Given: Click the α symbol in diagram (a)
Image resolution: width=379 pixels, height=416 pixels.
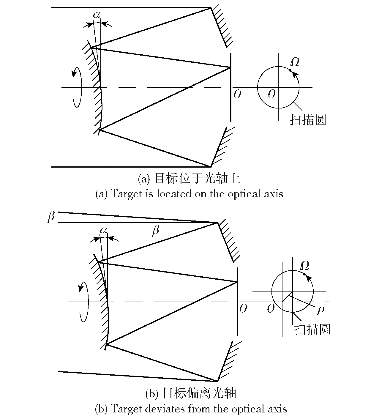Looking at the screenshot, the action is click(97, 15).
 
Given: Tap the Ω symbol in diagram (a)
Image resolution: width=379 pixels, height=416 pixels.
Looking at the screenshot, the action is click(295, 62).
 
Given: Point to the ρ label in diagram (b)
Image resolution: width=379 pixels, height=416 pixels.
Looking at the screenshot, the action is click(321, 310).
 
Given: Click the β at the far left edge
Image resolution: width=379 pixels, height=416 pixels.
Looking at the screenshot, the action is click(51, 217).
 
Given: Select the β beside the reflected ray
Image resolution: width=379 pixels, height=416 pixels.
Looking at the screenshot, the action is click(156, 231).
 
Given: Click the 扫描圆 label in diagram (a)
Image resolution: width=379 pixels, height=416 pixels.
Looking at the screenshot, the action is click(308, 120).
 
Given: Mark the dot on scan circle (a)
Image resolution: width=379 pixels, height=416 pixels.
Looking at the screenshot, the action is click(290, 70).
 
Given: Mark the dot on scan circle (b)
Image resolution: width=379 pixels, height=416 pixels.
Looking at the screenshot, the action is click(304, 274).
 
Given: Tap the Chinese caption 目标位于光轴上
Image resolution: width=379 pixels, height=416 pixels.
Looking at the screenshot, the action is click(197, 179).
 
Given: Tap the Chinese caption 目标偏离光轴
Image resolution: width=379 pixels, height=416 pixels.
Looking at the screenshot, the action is click(200, 393).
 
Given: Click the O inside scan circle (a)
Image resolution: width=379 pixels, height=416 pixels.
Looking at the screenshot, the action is click(271, 94).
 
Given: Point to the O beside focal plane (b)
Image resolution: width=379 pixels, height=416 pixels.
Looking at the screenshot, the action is click(243, 308).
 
